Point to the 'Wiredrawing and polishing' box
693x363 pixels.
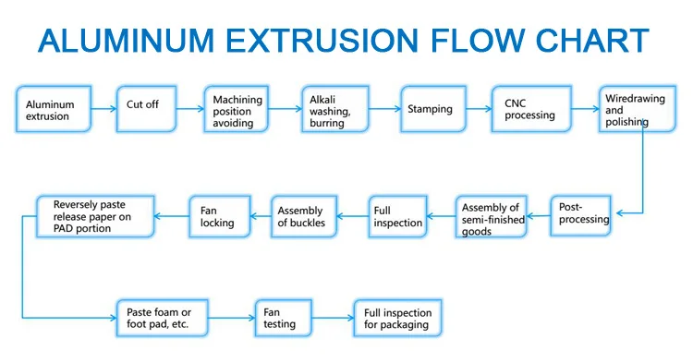point(636,109)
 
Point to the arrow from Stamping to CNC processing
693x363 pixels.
point(479,109)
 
